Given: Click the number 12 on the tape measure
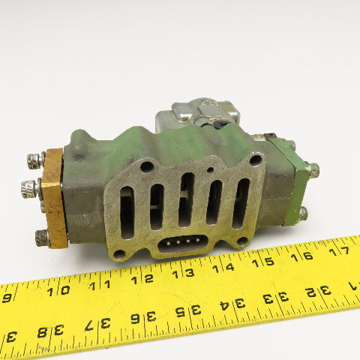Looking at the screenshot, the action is click(x=142, y=279).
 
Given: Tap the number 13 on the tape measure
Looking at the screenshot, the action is click(x=183, y=273).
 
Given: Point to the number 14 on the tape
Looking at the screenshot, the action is click(x=223, y=268).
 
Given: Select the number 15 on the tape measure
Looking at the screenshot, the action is click(x=263, y=262).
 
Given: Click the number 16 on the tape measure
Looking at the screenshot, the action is click(x=301, y=256).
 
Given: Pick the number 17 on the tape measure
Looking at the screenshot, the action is click(x=339, y=251).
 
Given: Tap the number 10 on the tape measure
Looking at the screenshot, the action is click(x=58, y=291).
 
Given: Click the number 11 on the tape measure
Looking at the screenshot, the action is click(x=100, y=285).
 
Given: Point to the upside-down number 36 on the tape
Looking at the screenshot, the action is click(x=143, y=318).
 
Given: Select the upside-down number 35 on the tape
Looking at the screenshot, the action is click(x=188, y=310).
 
